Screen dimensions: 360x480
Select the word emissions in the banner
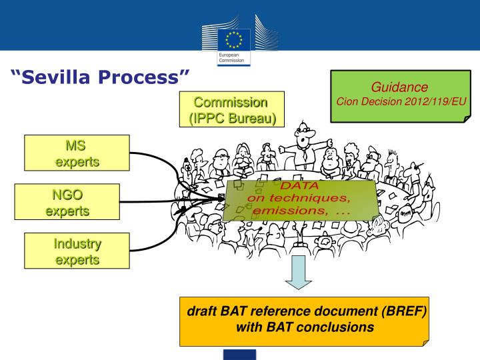[x=285, y=210]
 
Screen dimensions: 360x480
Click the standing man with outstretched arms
[x=303, y=143]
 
